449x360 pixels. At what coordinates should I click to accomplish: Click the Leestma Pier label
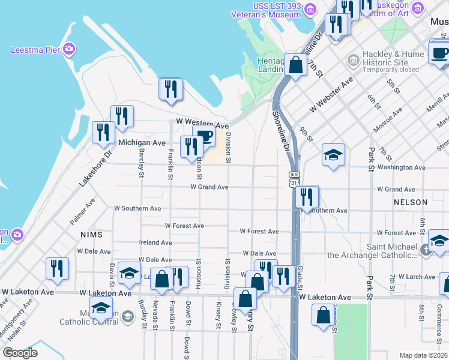coord(35,49)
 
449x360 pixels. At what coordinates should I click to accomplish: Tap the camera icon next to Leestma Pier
coord(69,49)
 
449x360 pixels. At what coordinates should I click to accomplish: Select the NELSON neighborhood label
coord(411,203)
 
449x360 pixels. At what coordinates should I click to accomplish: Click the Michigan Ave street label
coord(142,143)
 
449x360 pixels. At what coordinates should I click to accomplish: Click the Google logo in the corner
coord(20,353)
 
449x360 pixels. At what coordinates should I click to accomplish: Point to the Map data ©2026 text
coord(423,355)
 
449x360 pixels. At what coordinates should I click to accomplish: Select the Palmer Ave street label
coord(82,212)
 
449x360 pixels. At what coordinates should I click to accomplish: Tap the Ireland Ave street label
coord(155,242)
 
